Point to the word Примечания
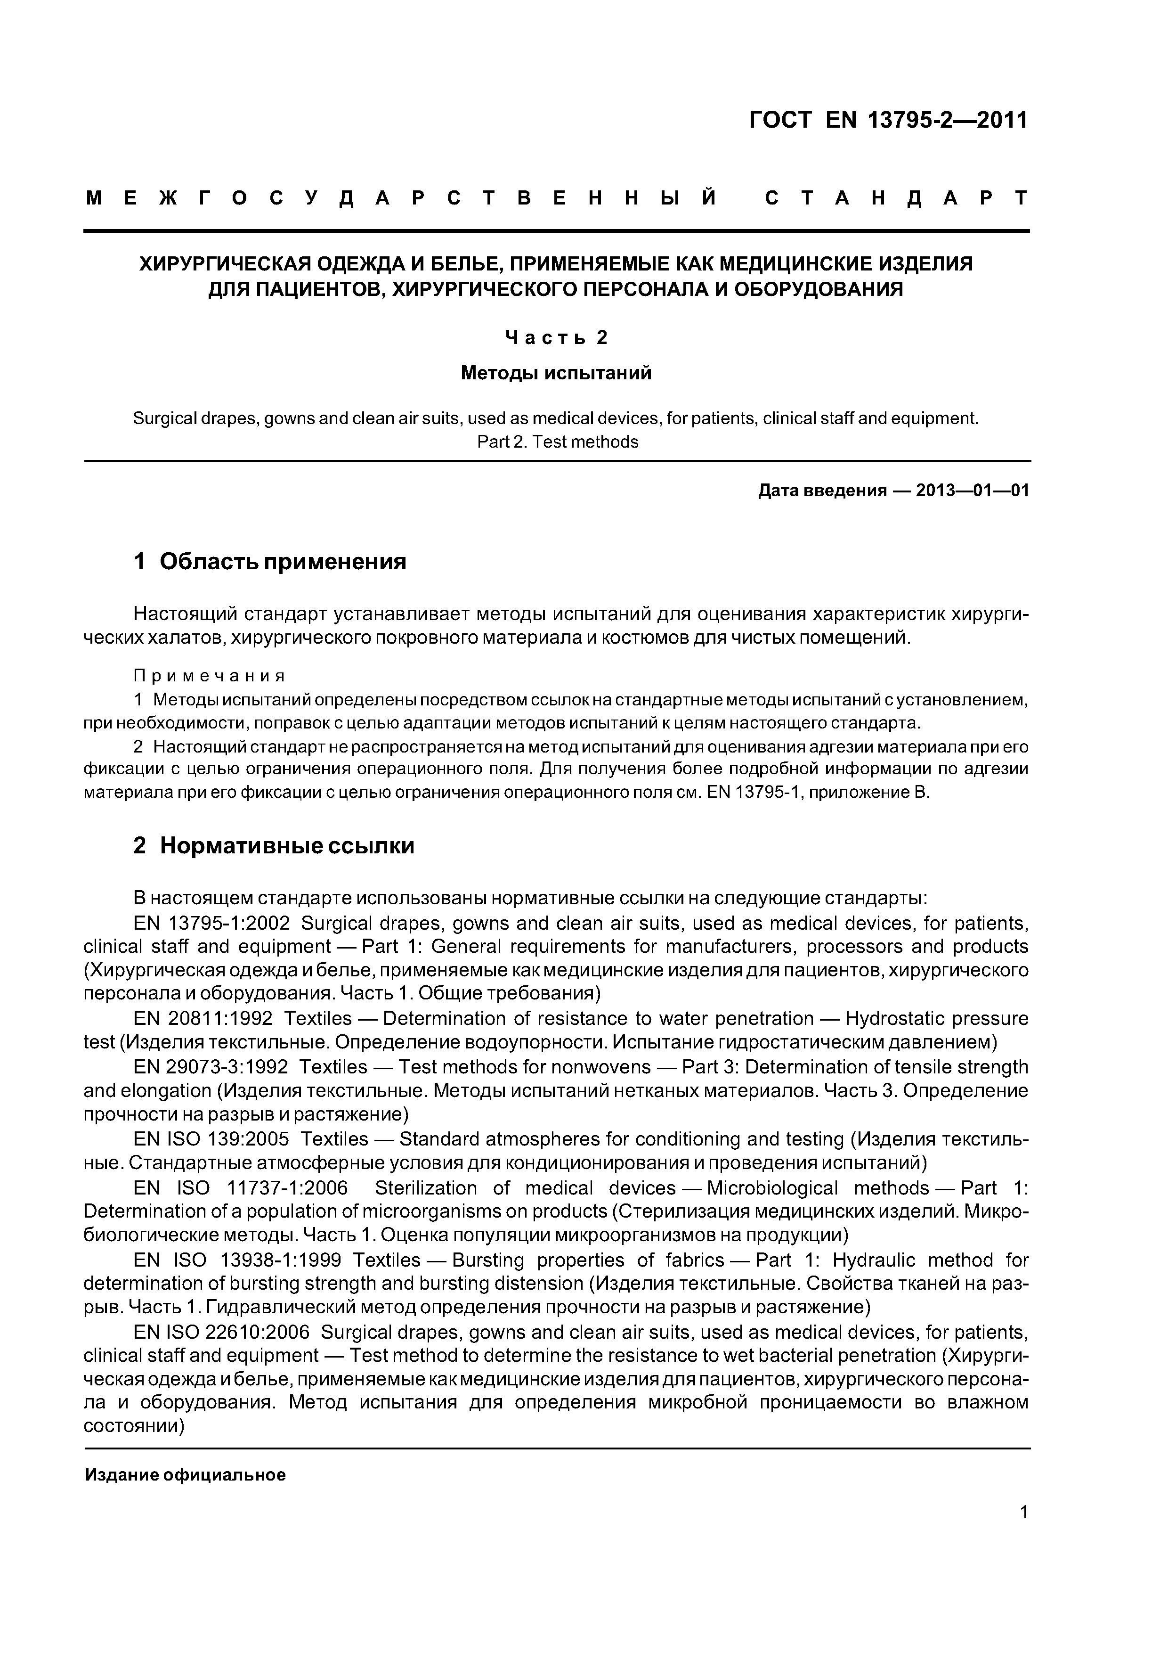pyautogui.click(x=210, y=675)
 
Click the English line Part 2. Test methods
pyautogui.click(x=557, y=442)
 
